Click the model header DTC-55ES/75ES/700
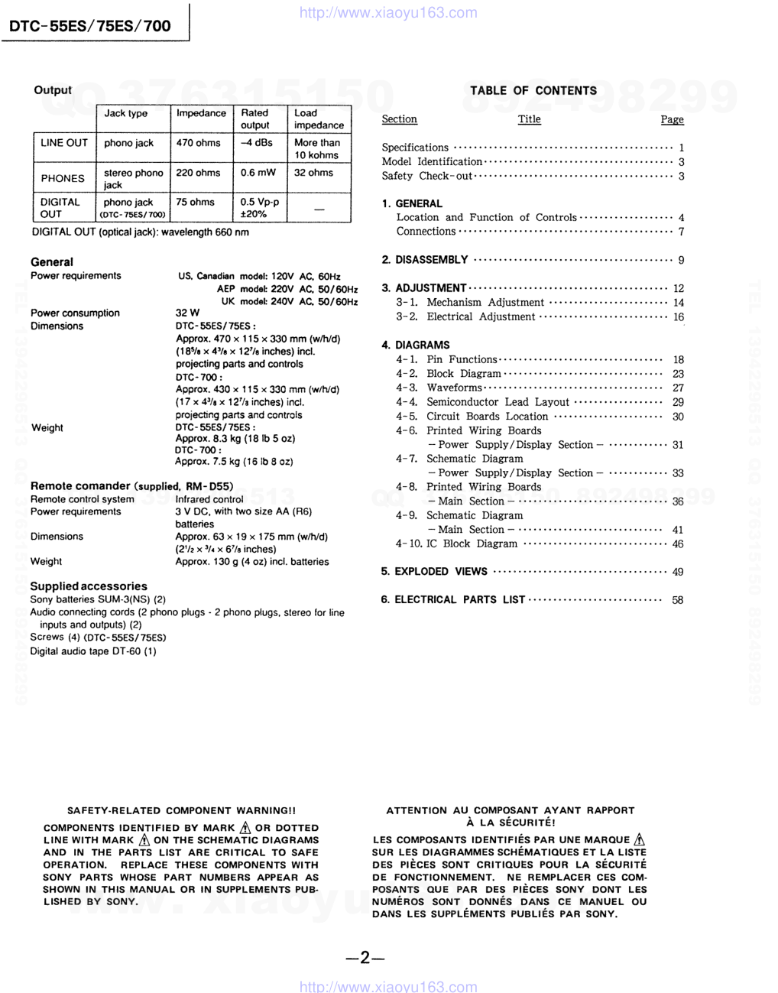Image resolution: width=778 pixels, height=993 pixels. click(90, 26)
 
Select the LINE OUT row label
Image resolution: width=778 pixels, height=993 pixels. click(64, 143)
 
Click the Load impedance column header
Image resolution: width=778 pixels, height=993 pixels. click(319, 119)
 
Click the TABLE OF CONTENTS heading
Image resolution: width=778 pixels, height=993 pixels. click(533, 90)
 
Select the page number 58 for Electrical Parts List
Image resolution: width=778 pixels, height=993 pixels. click(678, 600)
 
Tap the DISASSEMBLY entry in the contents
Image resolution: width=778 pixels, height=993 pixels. click(431, 260)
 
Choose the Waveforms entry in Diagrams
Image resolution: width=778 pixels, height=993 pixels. click(454, 388)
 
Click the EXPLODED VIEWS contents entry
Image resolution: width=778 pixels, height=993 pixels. click(441, 572)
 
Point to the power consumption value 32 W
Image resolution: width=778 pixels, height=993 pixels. click(187, 313)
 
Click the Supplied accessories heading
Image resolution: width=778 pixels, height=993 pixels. click(89, 586)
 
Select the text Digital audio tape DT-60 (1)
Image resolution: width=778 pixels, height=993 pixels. click(93, 651)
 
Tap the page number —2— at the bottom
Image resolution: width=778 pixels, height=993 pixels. click(364, 958)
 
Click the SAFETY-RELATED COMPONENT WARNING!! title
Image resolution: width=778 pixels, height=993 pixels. click(181, 810)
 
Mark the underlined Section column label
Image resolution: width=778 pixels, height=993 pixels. click(399, 119)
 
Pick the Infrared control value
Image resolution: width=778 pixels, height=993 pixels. click(209, 499)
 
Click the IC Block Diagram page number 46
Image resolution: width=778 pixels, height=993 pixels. click(678, 544)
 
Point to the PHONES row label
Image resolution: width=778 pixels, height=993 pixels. click(63, 178)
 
